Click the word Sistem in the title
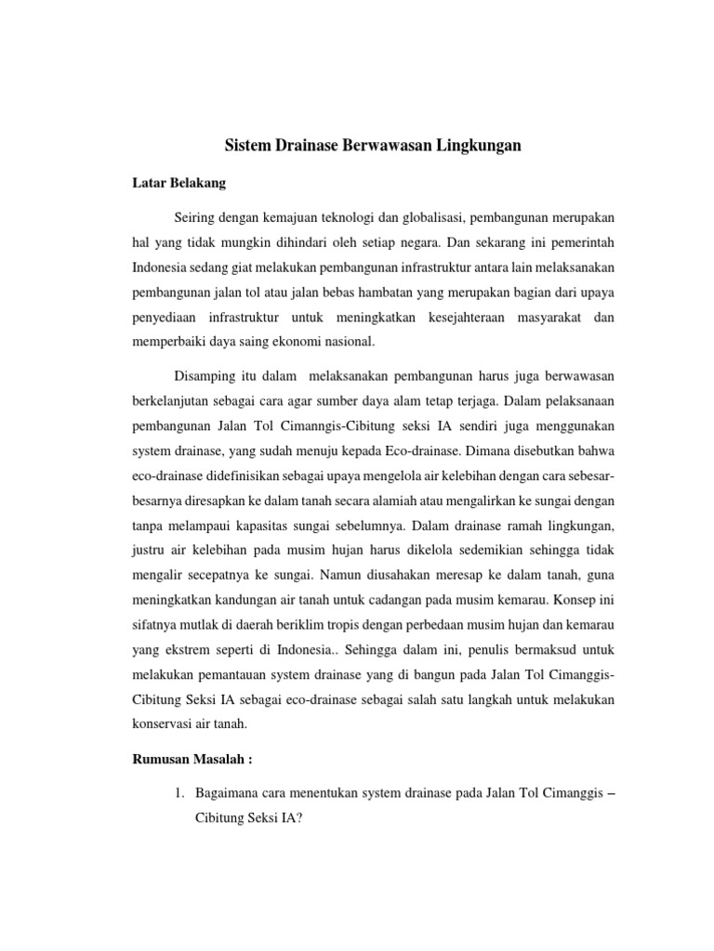click(248, 145)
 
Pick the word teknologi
click(341, 217)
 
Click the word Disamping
click(205, 376)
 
